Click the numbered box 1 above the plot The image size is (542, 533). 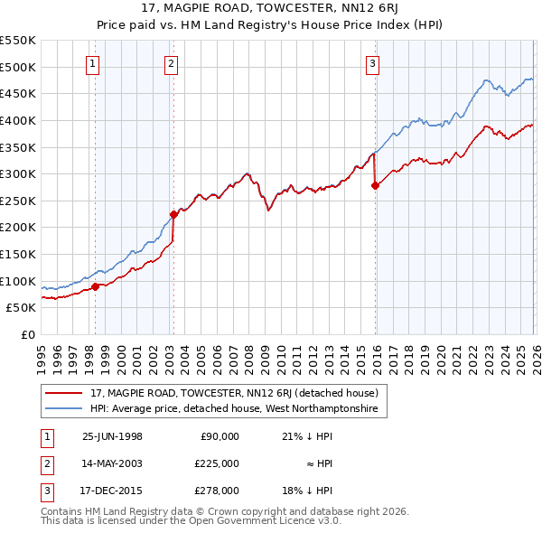click(x=95, y=63)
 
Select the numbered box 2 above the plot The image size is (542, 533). click(x=172, y=63)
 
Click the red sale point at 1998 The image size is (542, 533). click(x=96, y=286)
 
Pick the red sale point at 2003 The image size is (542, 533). click(x=173, y=214)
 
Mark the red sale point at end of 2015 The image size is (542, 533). click(x=375, y=186)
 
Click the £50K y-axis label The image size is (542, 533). click(x=22, y=308)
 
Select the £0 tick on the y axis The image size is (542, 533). click(x=30, y=334)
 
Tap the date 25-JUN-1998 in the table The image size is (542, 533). click(x=112, y=436)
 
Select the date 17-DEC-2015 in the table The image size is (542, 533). click(x=112, y=491)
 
